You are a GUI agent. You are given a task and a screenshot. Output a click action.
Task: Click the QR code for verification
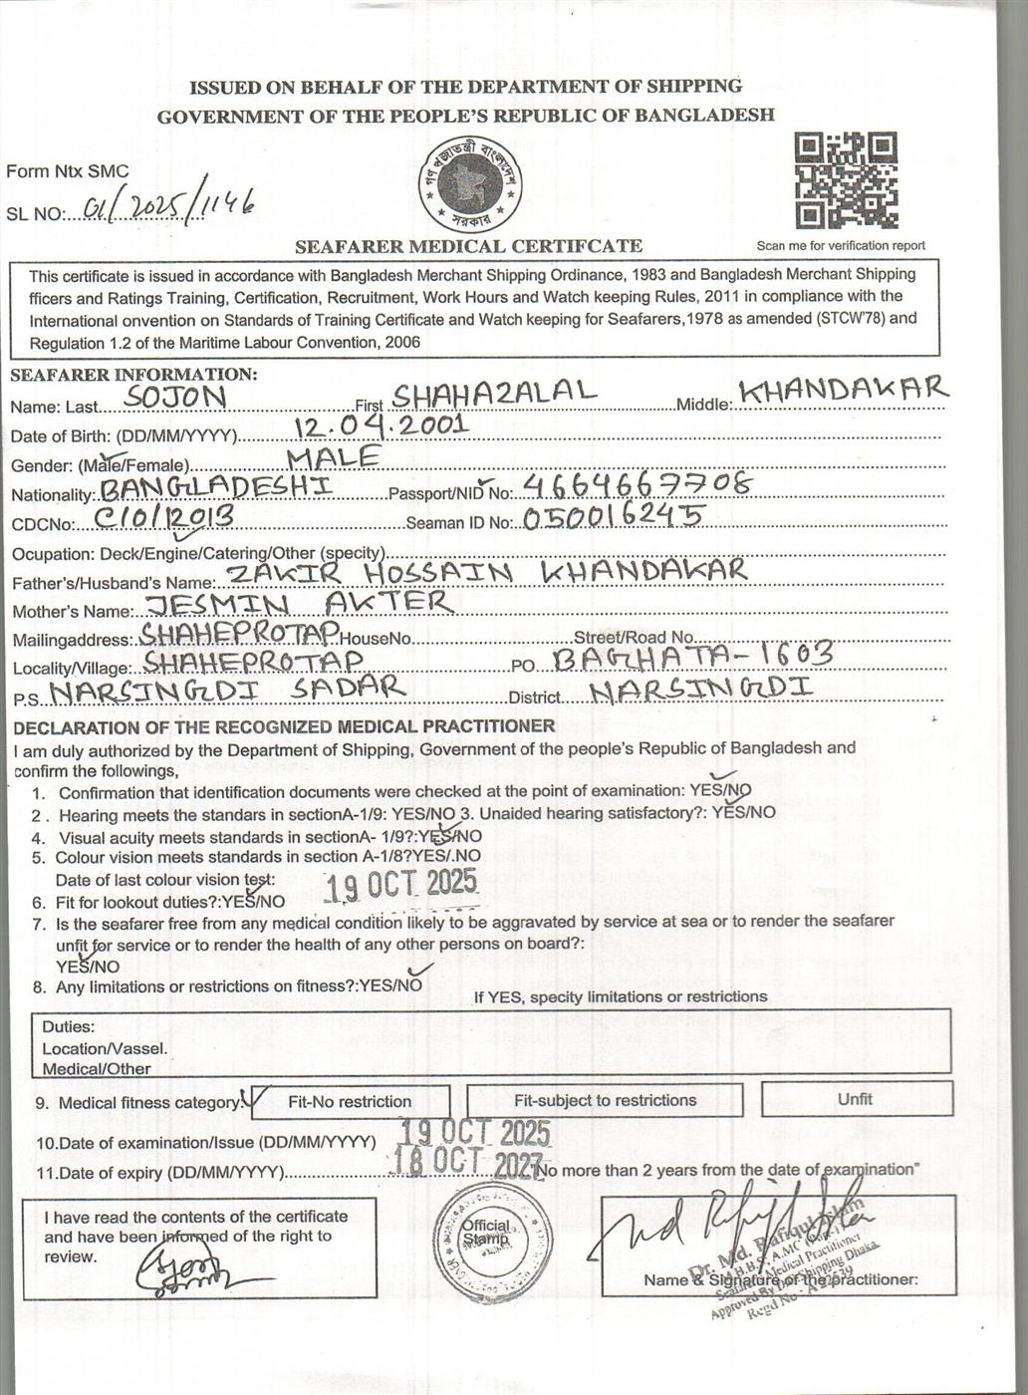click(846, 181)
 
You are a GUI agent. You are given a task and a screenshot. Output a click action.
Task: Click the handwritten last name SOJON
click(178, 398)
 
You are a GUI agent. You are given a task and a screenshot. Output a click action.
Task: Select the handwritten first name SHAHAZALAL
click(494, 392)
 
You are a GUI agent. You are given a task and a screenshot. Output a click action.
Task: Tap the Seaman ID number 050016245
click(613, 516)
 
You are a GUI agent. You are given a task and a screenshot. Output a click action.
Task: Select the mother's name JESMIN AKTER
click(299, 603)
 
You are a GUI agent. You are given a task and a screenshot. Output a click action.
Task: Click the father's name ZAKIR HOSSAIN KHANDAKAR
click(487, 571)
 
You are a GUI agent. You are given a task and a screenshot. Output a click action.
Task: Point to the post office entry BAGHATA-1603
click(692, 655)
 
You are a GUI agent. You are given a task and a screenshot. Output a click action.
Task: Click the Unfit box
click(857, 1099)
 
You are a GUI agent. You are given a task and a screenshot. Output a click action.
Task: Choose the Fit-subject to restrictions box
click(605, 1101)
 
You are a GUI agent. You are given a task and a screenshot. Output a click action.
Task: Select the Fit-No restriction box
click(349, 1102)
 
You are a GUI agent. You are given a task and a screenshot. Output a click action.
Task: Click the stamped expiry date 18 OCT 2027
click(467, 1163)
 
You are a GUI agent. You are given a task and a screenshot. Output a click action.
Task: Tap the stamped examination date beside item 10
click(474, 1132)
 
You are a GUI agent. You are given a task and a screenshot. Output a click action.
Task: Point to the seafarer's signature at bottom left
click(185, 1270)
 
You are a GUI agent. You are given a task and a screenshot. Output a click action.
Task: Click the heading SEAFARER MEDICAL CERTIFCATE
click(468, 246)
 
